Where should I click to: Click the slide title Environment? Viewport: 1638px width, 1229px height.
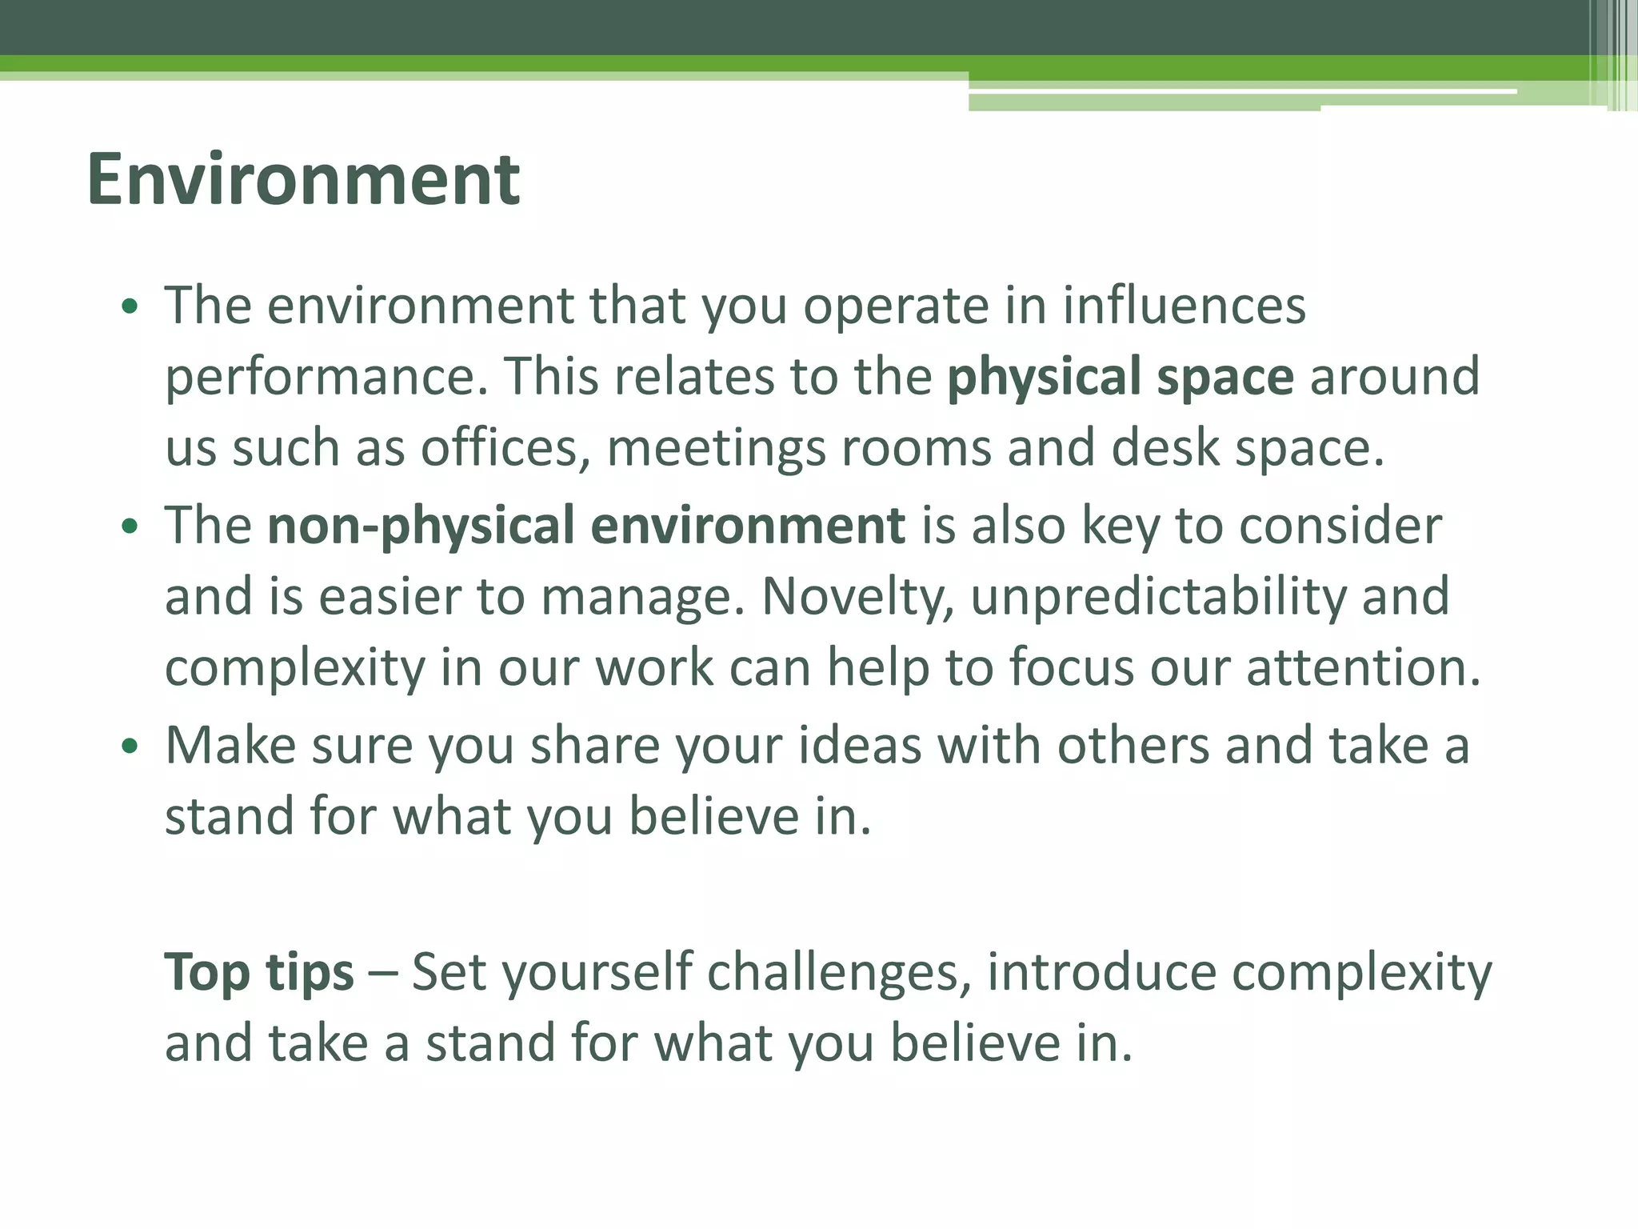(303, 179)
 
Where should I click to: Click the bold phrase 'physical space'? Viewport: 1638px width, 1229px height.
(1120, 378)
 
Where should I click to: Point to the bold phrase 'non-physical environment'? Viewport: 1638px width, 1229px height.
(586, 526)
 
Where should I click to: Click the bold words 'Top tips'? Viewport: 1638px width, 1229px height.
(259, 974)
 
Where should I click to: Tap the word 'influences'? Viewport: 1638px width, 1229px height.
(1184, 306)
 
